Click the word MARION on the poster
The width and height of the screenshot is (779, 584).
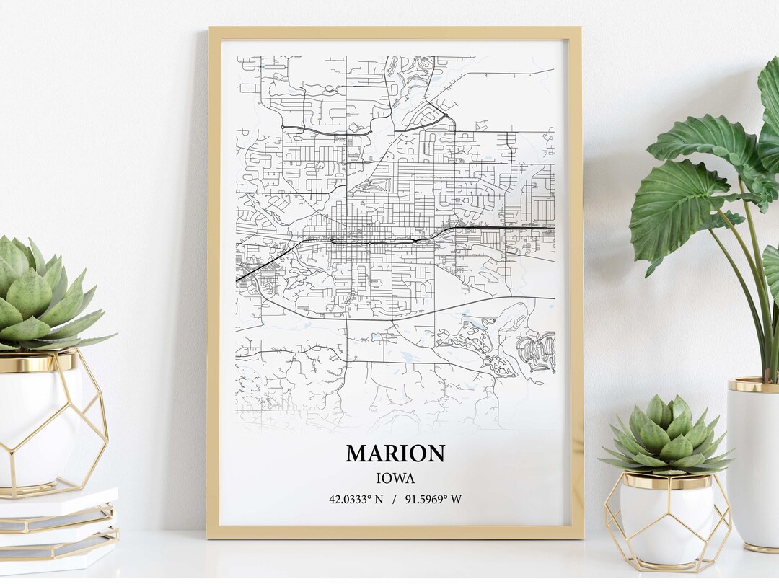click(x=395, y=454)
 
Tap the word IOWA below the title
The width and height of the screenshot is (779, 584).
click(x=395, y=477)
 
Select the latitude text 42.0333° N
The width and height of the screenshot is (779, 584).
click(x=356, y=499)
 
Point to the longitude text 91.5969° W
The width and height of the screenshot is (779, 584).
click(x=436, y=499)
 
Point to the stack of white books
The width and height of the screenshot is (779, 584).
click(x=58, y=530)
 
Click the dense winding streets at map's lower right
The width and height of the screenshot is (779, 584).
click(x=535, y=351)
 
